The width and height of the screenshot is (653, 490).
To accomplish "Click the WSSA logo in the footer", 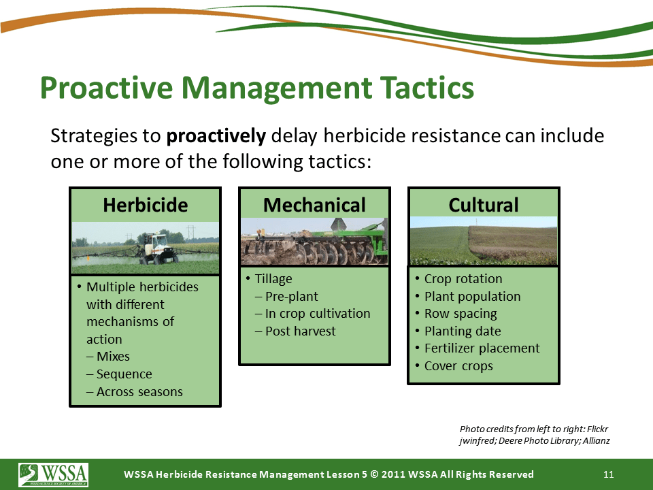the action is point(53,474).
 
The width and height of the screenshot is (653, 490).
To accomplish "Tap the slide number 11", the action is point(608,474).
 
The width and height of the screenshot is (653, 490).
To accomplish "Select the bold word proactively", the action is point(216,136).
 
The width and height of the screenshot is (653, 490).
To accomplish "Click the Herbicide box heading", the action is point(146,205).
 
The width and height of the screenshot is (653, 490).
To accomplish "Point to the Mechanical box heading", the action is point(314,205).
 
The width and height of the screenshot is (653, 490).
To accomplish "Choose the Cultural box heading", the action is point(484,205).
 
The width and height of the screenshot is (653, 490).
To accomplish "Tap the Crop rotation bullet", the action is point(463,279).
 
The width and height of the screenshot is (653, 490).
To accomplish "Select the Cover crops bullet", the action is point(458,366).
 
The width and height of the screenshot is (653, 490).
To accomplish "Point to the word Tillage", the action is point(273,279).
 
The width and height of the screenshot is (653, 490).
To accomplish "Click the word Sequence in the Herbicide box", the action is point(124,374).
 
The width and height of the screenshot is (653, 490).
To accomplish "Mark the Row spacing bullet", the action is point(461,314).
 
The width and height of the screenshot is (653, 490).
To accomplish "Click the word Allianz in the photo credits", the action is point(597,440).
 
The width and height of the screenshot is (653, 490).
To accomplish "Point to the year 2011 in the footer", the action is point(393,474).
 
